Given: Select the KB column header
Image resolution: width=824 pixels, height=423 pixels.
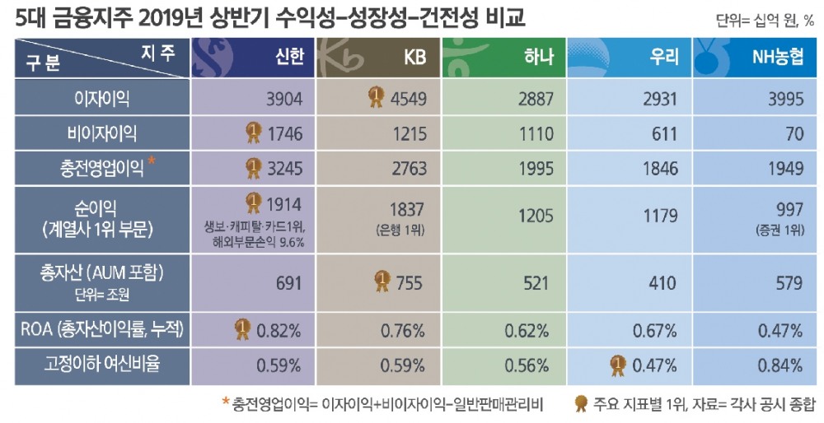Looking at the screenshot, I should [414, 57].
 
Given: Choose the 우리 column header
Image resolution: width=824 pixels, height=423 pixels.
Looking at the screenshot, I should [664, 57].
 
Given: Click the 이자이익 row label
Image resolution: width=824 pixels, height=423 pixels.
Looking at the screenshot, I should [101, 99].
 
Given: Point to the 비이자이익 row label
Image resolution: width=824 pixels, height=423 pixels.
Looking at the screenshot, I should [101, 133].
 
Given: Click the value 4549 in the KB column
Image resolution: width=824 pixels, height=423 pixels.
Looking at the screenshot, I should [409, 99].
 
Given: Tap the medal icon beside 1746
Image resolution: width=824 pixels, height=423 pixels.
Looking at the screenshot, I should [253, 132].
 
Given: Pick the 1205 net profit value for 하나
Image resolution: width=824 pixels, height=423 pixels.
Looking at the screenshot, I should [532, 216].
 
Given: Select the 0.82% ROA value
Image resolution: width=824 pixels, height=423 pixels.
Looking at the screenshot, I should [279, 330].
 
